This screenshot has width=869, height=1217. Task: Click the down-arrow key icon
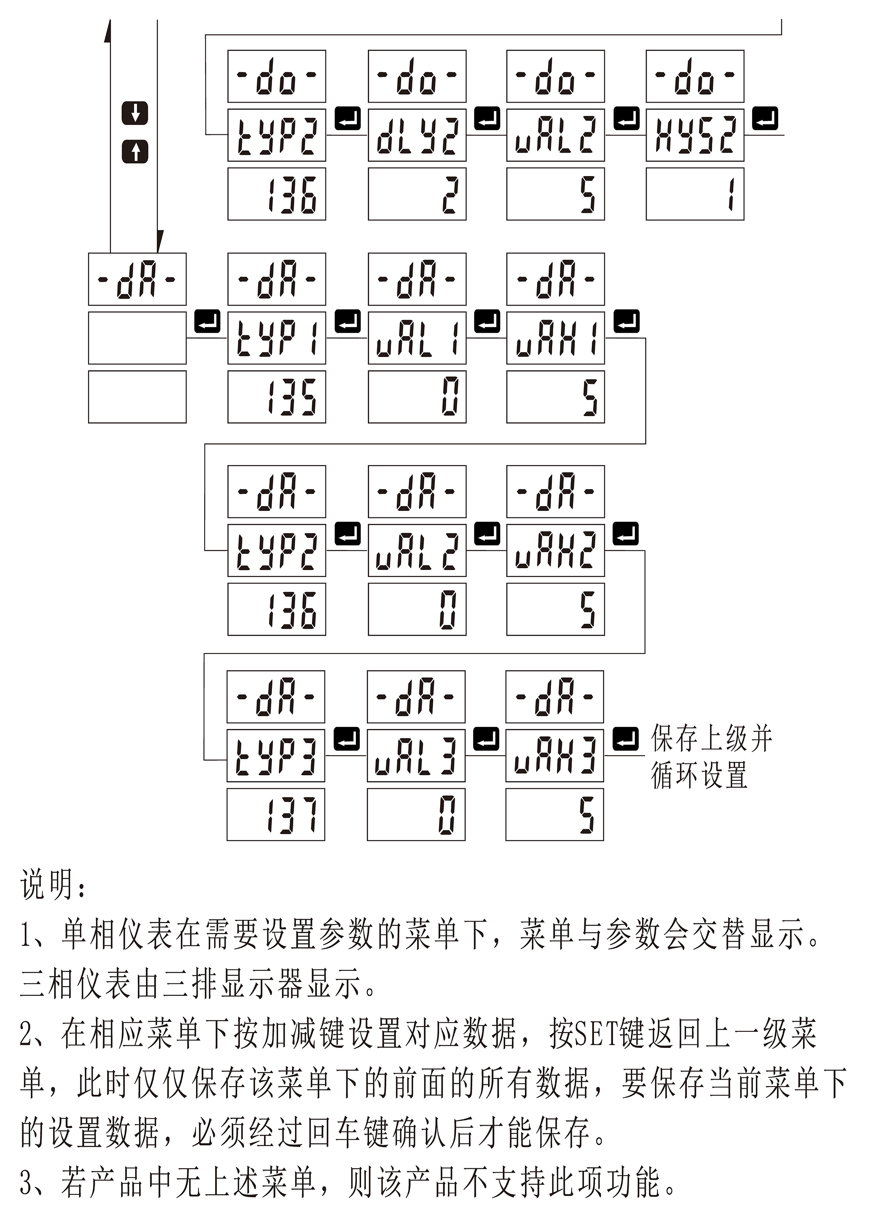pyautogui.click(x=135, y=113)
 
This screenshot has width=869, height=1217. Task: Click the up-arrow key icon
pyautogui.click(x=135, y=151)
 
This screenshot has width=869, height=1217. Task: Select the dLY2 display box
pyautogui.click(x=417, y=135)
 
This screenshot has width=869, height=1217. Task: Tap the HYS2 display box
pyautogui.click(x=695, y=135)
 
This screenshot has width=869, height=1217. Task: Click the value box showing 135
pyautogui.click(x=277, y=397)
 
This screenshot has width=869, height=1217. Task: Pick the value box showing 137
pyautogui.click(x=275, y=814)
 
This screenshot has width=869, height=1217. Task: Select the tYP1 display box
pyautogui.click(x=277, y=338)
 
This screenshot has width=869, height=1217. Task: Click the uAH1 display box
pyautogui.click(x=555, y=338)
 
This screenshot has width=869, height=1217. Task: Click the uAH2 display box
pyautogui.click(x=555, y=550)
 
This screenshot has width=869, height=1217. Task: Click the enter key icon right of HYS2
pyautogui.click(x=765, y=119)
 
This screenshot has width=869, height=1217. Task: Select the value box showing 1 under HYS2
pyautogui.click(x=695, y=194)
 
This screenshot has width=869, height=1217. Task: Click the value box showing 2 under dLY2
pyautogui.click(x=417, y=194)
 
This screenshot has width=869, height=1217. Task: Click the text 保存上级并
pyautogui.click(x=712, y=738)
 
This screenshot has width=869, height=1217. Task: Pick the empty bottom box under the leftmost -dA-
pyautogui.click(x=137, y=397)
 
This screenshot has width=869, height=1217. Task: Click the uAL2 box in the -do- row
pyautogui.click(x=555, y=135)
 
